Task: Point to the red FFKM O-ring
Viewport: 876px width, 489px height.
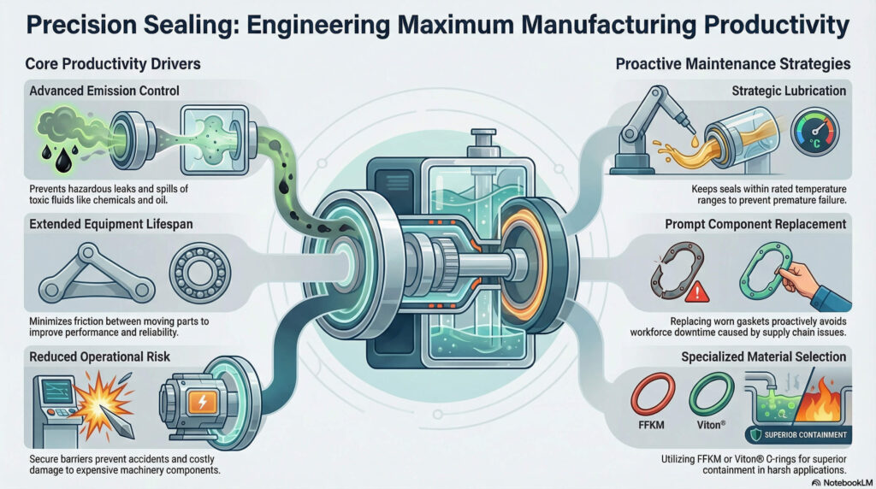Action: coord(653,395)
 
